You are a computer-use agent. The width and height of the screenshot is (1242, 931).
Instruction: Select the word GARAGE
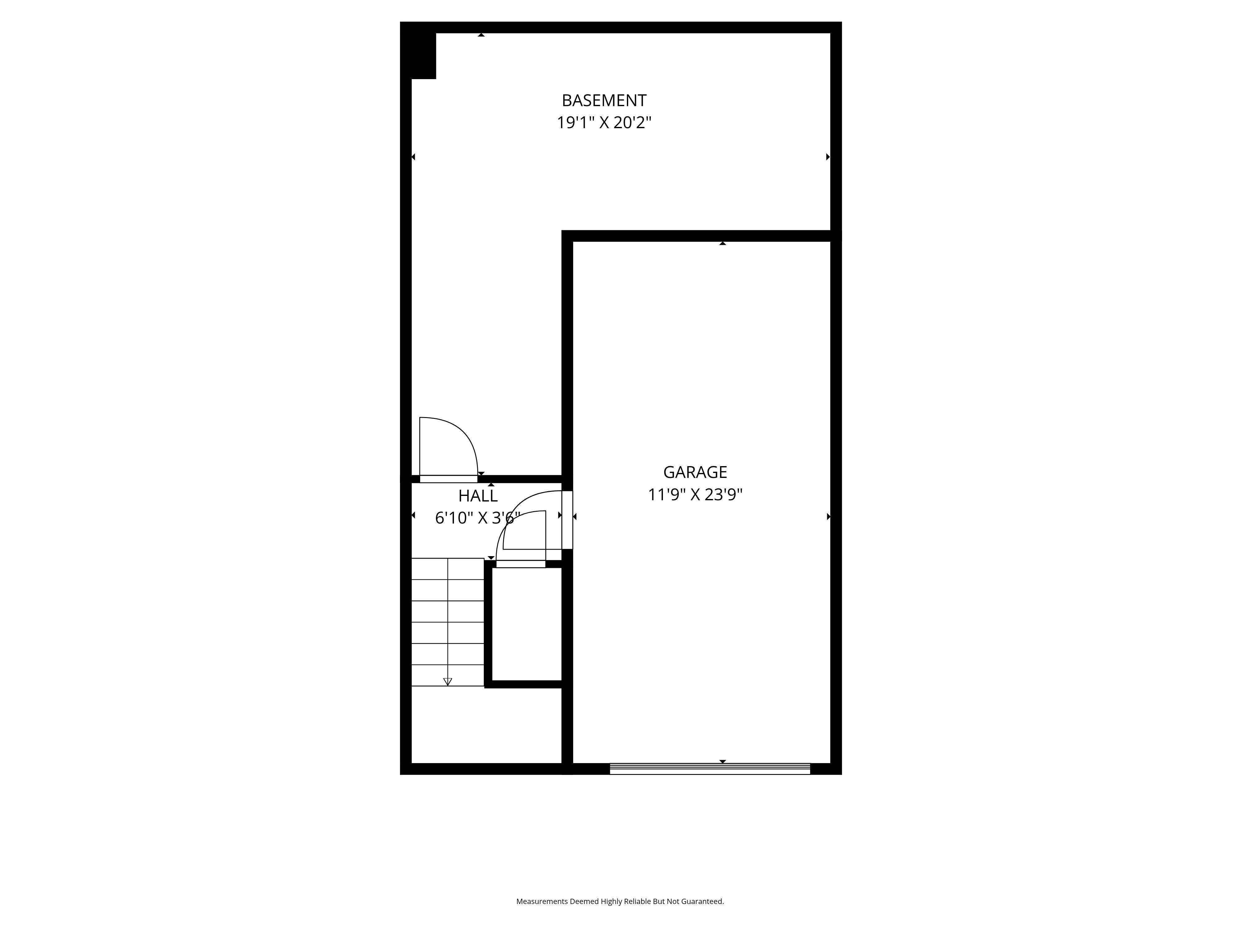click(x=695, y=472)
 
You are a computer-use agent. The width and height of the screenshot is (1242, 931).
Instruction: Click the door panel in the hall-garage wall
click(x=567, y=520)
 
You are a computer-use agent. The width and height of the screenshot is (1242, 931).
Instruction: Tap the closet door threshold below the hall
click(x=520, y=564)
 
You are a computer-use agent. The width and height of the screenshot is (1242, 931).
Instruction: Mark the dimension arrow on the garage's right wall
click(x=828, y=517)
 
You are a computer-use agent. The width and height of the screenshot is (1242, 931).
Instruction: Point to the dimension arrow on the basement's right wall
click(x=827, y=157)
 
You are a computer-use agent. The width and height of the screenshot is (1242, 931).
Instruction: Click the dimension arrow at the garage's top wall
click(x=723, y=244)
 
